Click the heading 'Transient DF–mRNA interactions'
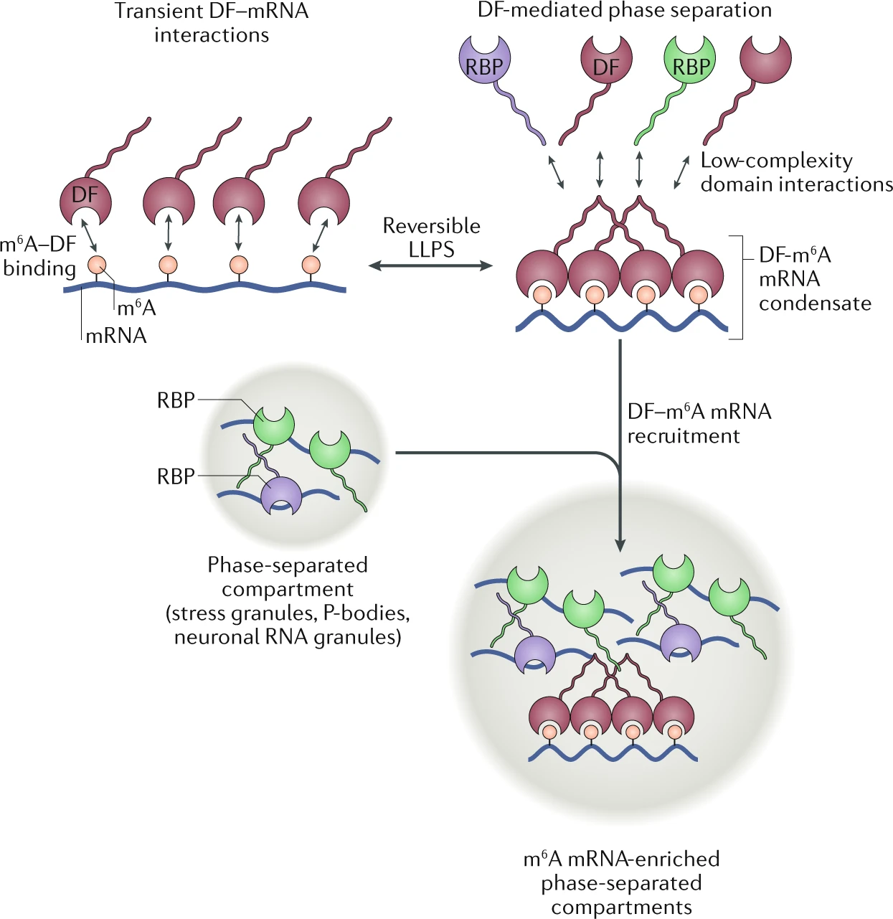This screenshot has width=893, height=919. (212, 23)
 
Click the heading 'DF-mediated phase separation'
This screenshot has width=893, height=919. (625, 10)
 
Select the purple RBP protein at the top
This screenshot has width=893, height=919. (484, 60)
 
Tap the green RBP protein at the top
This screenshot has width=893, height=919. (690, 60)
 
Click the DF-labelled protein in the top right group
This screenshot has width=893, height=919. (606, 60)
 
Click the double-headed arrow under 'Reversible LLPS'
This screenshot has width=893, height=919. (430, 266)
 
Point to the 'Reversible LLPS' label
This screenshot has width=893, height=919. (431, 237)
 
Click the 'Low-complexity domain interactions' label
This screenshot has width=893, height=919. (796, 172)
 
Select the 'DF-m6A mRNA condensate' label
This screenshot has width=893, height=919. (814, 279)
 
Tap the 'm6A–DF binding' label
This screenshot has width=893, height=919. (39, 256)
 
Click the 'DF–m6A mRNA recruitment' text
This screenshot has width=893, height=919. (699, 423)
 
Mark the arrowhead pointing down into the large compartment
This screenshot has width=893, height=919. (620, 545)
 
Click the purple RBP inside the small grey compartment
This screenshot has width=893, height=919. (280, 495)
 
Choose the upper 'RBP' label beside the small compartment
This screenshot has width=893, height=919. (176, 400)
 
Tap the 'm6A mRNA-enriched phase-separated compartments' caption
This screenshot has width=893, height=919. (621, 882)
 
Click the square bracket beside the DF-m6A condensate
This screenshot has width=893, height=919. (739, 287)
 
